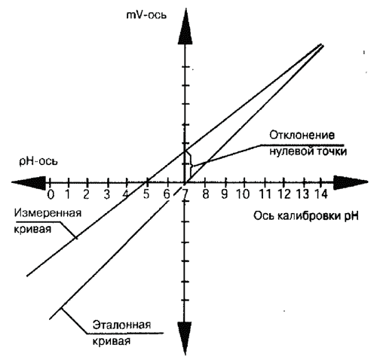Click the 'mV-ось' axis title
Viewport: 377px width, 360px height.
point(146,15)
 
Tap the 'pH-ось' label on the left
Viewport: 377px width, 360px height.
point(38,161)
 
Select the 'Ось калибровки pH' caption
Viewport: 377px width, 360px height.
point(306,216)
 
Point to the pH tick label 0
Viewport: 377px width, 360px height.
point(51,194)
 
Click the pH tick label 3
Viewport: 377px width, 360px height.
point(107,194)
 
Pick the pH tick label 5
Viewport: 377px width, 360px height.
point(146,194)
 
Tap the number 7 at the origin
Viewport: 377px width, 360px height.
point(185,194)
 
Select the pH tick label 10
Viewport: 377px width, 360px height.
point(243,194)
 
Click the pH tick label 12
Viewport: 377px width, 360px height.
point(284,194)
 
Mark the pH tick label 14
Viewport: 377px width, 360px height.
point(321,194)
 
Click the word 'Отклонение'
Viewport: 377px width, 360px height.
point(302,136)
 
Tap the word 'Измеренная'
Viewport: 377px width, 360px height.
point(48,213)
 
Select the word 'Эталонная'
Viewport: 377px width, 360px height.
point(121,325)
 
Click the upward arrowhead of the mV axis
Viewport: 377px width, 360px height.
point(185,28)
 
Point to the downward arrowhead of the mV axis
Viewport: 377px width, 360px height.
point(185,338)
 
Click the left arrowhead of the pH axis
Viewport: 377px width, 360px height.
point(29,182)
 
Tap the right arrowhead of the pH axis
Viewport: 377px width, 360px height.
point(351,182)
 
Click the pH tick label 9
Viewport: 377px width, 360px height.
point(225,194)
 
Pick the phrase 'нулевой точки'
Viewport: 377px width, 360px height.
point(308,152)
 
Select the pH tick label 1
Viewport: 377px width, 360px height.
point(68,194)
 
